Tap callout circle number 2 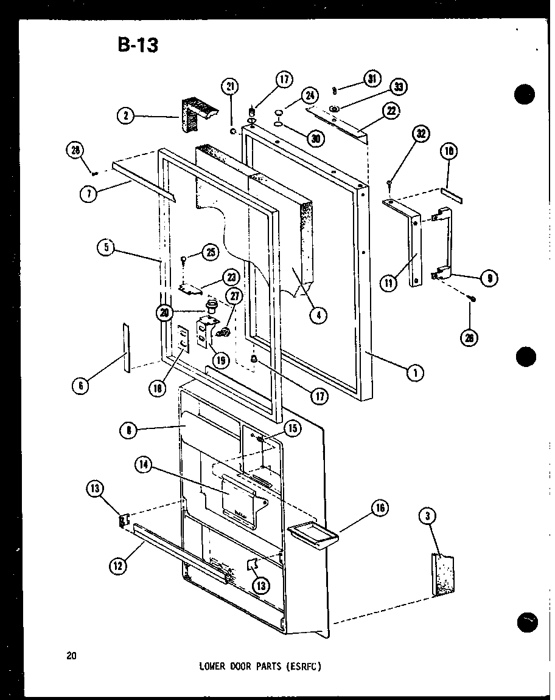click(126, 115)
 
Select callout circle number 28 click(77, 151)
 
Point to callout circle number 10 click(450, 151)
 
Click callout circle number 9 click(487, 278)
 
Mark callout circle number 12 click(117, 566)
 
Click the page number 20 click(72, 655)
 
